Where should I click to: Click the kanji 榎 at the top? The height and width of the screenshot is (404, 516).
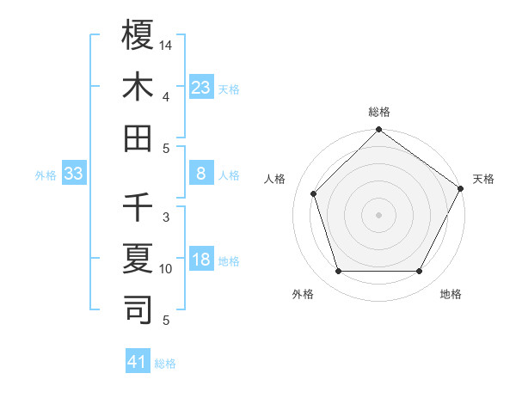[x=138, y=35]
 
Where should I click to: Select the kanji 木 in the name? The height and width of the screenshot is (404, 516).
[x=138, y=87]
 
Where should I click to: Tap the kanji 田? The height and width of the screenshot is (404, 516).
[x=138, y=138]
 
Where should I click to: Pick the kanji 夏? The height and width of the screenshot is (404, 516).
[x=138, y=259]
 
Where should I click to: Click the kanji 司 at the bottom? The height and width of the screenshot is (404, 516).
[x=138, y=310]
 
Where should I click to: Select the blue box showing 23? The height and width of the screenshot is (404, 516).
[x=200, y=87]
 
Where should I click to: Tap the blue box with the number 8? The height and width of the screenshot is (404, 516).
[x=200, y=174]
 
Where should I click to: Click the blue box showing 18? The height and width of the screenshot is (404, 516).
[x=200, y=260]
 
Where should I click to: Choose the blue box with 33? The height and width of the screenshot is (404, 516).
[x=74, y=174]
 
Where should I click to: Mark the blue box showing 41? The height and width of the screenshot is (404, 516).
[x=138, y=362]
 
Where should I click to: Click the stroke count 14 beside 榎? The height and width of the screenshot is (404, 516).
[x=166, y=45]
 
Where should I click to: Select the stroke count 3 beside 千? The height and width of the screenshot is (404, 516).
[x=166, y=217]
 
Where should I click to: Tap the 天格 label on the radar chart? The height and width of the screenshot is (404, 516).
[x=483, y=179]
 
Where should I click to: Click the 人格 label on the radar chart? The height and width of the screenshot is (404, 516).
[x=275, y=179]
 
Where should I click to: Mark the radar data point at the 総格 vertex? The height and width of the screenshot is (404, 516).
[x=378, y=131]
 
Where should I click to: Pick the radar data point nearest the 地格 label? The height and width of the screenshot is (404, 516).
[x=419, y=272]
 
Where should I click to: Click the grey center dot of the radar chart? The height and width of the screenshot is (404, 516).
[x=378, y=215]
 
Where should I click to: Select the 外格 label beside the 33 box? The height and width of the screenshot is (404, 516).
[x=46, y=175]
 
